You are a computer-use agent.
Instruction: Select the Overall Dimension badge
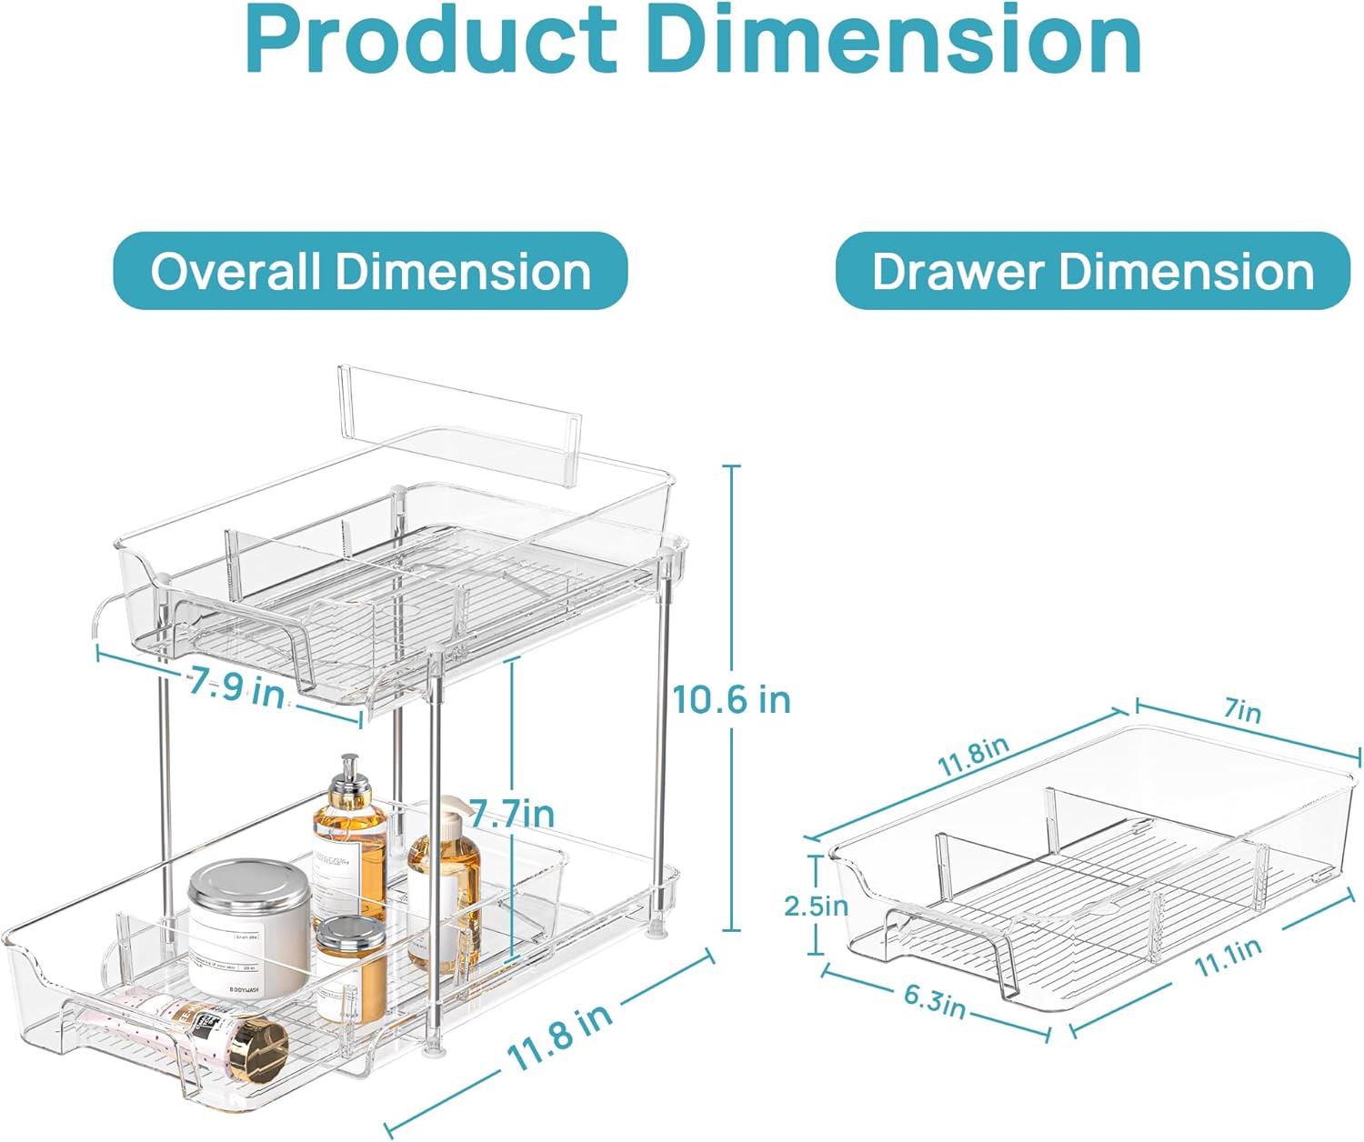(370, 271)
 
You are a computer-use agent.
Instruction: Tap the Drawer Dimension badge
(1092, 271)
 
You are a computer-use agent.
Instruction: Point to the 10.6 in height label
(731, 700)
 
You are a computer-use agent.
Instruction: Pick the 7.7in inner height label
(512, 814)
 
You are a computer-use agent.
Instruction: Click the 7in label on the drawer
(1243, 710)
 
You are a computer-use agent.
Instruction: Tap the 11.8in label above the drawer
(973, 757)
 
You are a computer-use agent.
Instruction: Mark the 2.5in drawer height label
(816, 906)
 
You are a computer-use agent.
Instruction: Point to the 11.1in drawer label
(1228, 957)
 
